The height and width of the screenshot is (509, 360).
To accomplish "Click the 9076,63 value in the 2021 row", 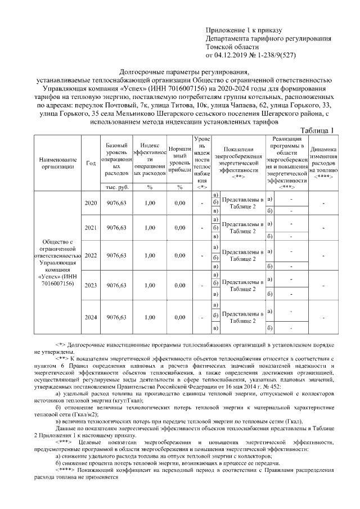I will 116,228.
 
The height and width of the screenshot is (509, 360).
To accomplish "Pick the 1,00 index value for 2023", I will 149,285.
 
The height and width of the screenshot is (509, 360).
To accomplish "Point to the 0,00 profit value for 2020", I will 179,202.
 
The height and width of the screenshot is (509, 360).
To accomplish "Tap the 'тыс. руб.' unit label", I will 116,187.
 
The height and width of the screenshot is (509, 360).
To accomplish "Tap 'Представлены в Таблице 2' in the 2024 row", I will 242,317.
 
